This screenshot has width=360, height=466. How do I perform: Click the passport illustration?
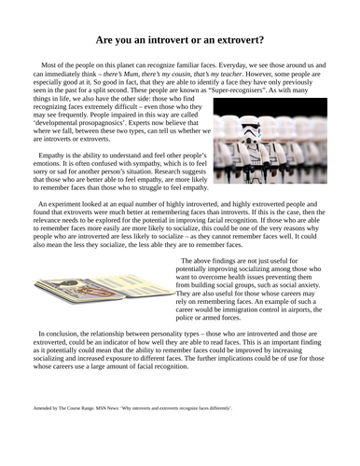tap(100, 281)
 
